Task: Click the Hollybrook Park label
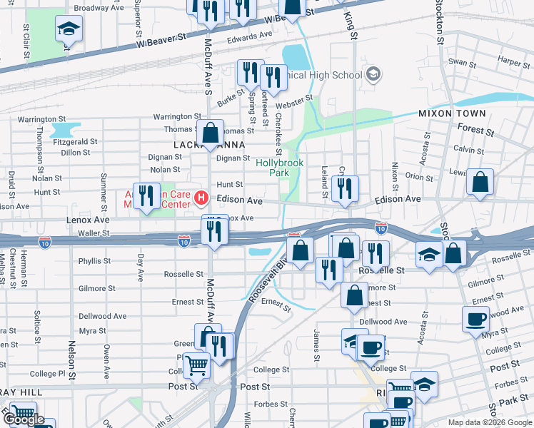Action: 279,168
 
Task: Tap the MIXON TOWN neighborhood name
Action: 452,113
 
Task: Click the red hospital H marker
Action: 201,198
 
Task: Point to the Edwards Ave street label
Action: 250,34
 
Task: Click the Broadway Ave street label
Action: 100,9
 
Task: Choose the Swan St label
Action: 462,63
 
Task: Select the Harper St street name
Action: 514,62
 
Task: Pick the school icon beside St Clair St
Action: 69,29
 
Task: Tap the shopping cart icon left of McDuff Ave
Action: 196,366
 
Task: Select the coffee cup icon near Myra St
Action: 475,319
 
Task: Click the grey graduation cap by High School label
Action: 373,74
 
